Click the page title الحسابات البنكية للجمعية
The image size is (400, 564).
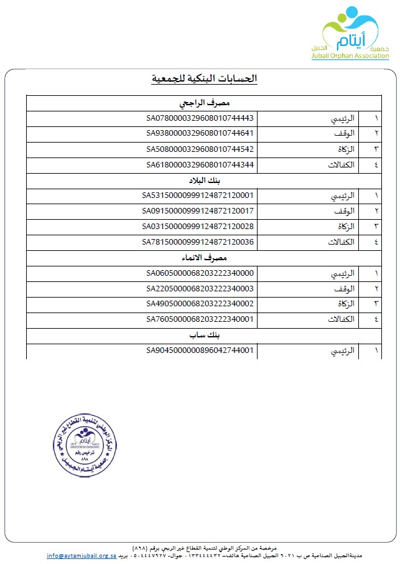click(x=205, y=78)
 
